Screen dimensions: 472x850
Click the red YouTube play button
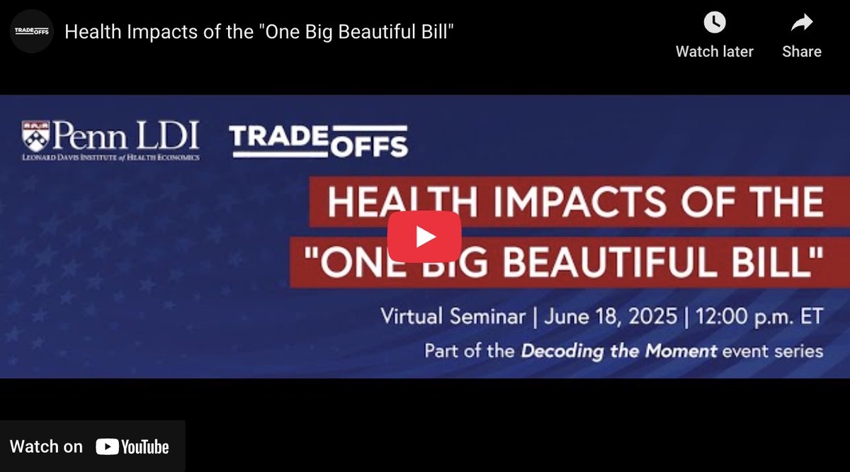coord(424,237)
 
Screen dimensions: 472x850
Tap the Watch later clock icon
coord(714,23)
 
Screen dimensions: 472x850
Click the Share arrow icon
coord(801,23)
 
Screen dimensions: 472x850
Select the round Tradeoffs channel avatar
coord(32,31)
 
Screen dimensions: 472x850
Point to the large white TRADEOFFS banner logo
coord(319,140)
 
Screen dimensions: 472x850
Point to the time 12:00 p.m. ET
coord(759,316)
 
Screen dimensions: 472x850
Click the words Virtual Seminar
coord(453,316)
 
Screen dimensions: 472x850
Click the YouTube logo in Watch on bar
coord(132,446)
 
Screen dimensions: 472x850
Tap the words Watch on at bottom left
coord(46,446)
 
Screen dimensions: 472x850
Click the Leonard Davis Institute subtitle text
coord(110,157)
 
